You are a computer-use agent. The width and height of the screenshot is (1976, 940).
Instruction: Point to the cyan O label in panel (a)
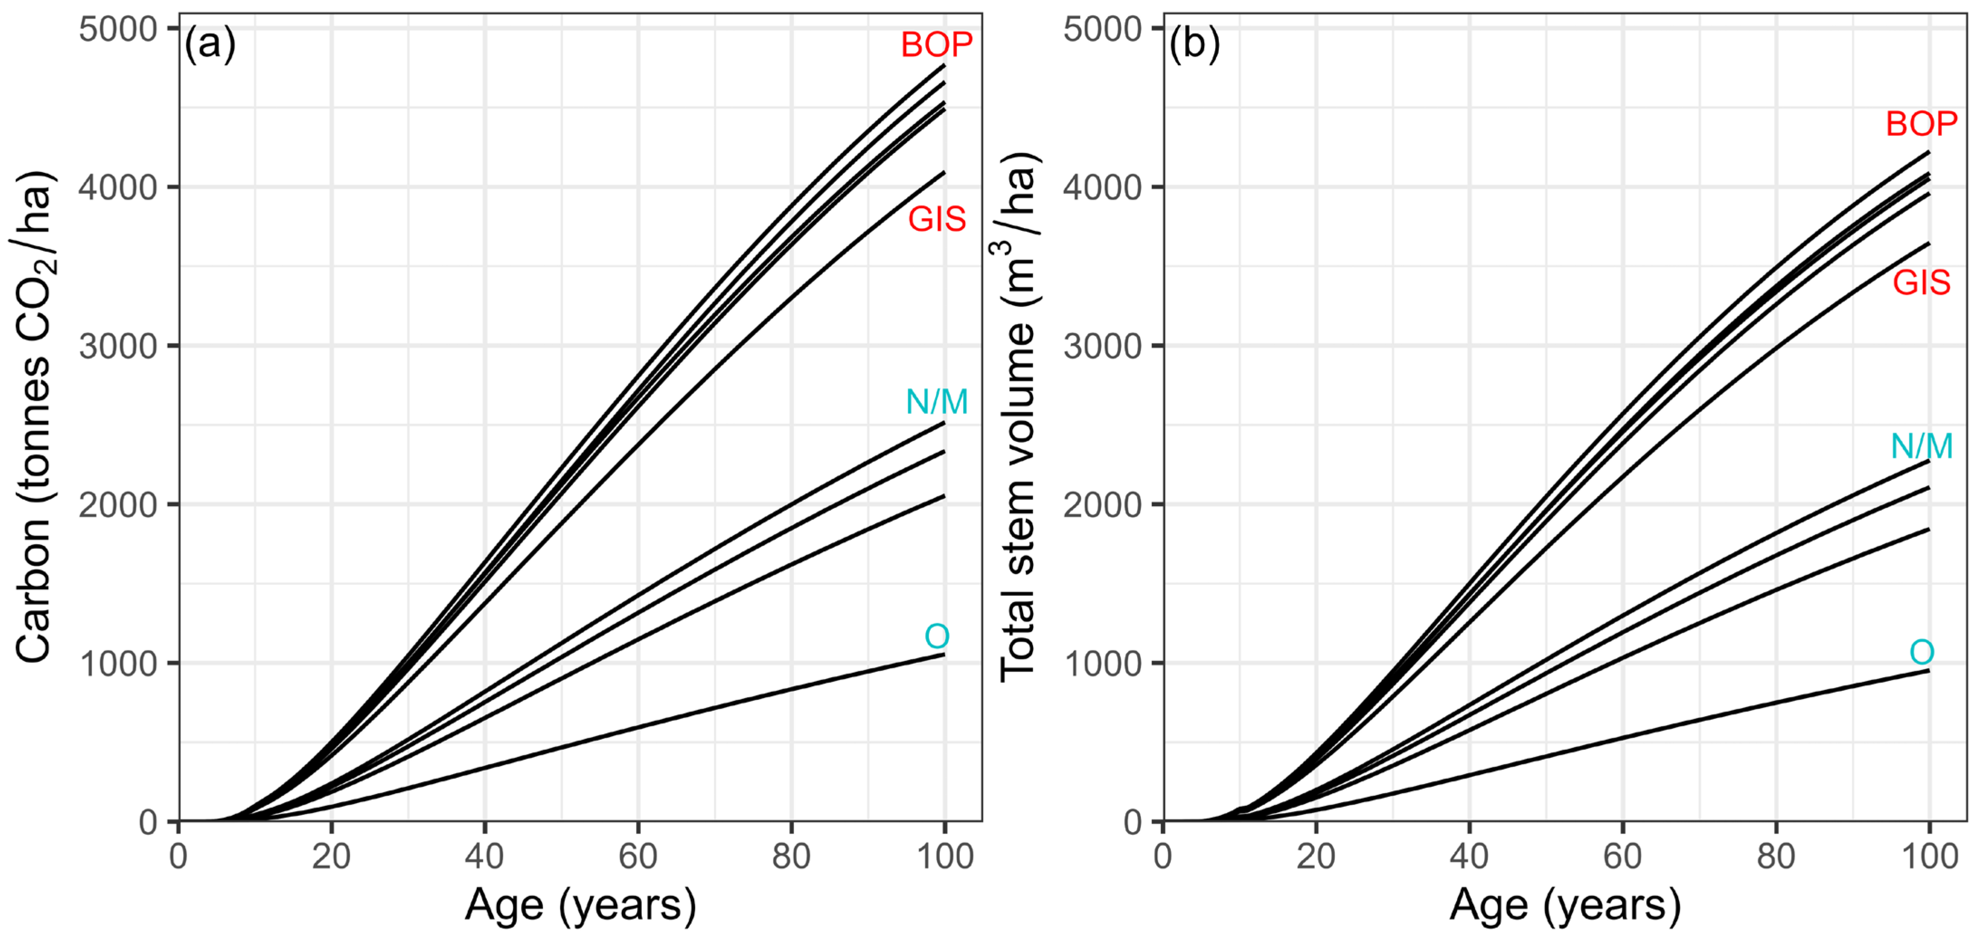pos(937,636)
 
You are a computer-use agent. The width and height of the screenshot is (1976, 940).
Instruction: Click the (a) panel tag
pos(209,44)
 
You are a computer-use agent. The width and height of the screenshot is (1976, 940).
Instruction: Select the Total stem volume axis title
pos(1019,418)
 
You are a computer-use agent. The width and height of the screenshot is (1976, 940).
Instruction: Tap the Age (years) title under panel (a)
pos(581,906)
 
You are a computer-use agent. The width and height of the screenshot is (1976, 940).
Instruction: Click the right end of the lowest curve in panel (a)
pos(943,655)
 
